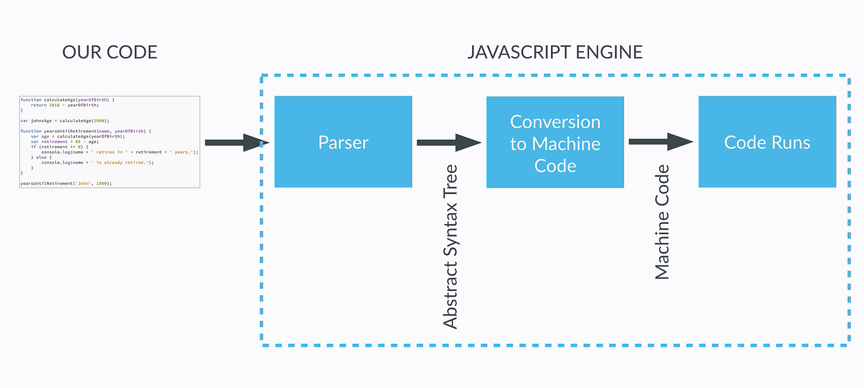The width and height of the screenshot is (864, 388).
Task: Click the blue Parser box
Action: (343, 142)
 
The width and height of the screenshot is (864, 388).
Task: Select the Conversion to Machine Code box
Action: (555, 142)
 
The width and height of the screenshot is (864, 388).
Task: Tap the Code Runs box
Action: (767, 142)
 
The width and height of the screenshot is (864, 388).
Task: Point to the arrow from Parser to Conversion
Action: (449, 142)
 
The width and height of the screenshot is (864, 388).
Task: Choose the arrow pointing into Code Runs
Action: (660, 142)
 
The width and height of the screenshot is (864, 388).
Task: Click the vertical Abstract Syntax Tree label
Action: (450, 247)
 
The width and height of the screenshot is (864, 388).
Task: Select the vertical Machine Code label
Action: (662, 222)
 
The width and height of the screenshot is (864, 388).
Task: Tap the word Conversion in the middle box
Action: (555, 121)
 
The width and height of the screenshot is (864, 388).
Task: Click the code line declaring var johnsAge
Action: (65, 120)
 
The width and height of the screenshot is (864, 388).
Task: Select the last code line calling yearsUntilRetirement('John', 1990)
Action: (66, 183)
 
